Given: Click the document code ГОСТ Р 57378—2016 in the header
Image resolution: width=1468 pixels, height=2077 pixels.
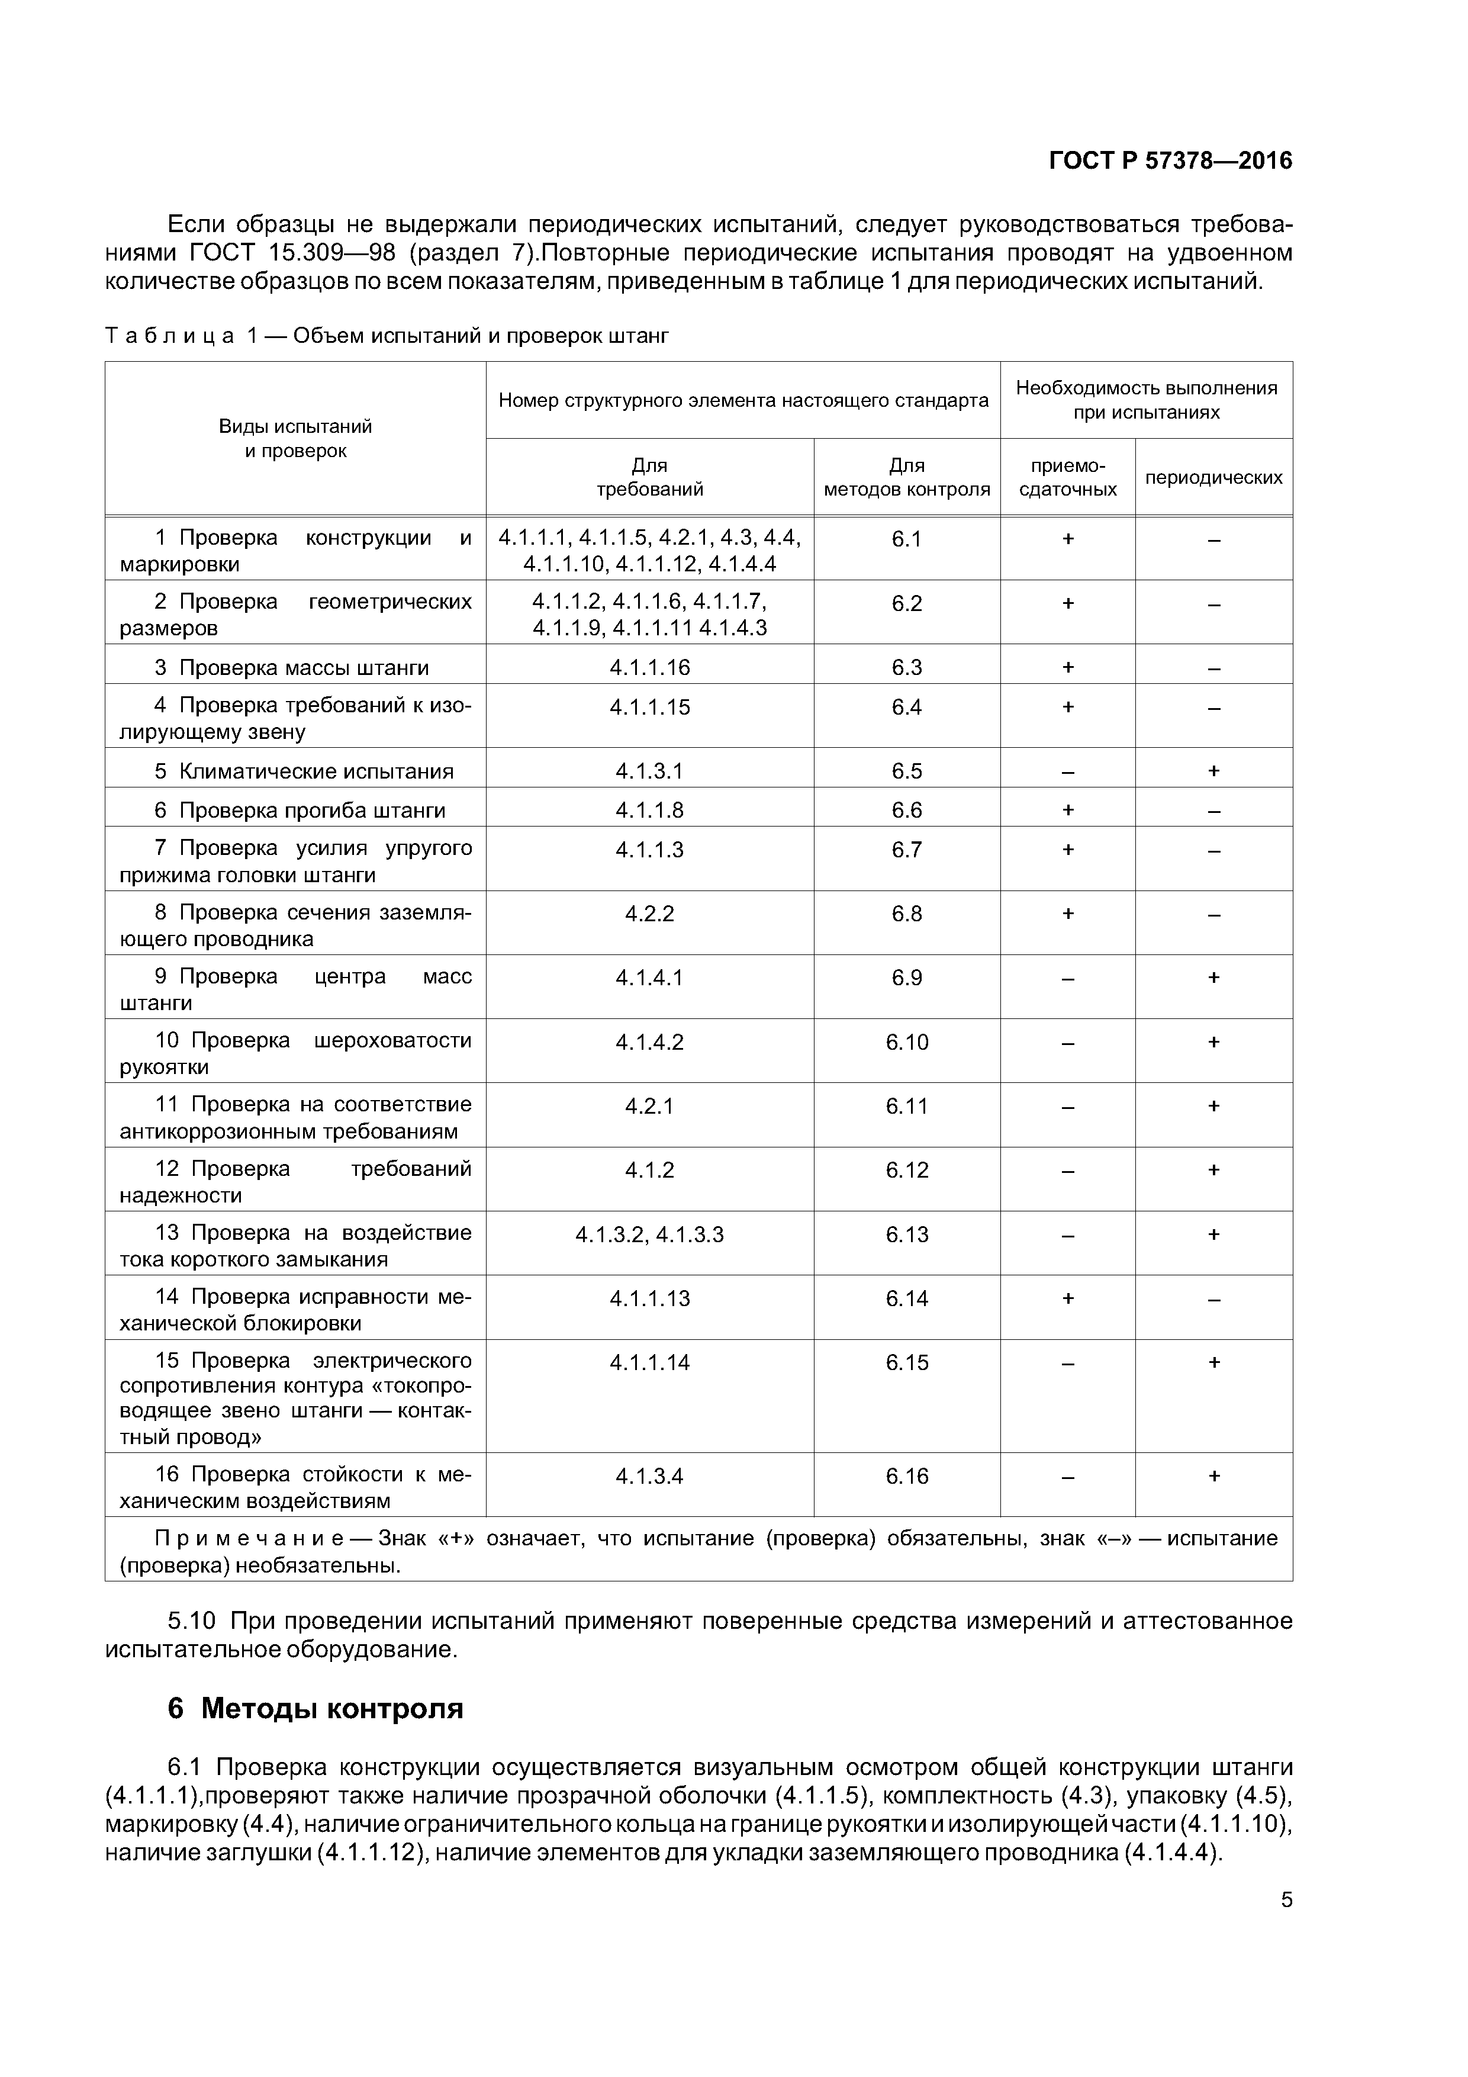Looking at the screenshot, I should pos(1170,161).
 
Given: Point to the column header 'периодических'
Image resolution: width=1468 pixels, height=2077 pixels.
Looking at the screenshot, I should pos(1213,478).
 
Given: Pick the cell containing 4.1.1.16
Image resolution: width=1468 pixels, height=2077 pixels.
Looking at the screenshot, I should pos(649,668).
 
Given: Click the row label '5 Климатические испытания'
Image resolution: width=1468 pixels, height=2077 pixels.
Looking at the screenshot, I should pos(303,771).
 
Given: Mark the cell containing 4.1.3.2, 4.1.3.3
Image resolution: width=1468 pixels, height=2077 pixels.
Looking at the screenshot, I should pos(649,1235).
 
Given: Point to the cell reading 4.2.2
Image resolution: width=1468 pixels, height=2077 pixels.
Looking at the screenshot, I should pos(649,914).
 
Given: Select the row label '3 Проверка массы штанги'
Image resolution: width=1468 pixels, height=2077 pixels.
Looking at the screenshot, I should pos(291,668).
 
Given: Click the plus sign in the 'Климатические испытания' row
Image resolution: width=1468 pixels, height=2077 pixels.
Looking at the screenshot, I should pos(1213,771).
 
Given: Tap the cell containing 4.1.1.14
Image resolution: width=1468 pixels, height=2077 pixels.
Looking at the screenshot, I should pos(649,1362).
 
